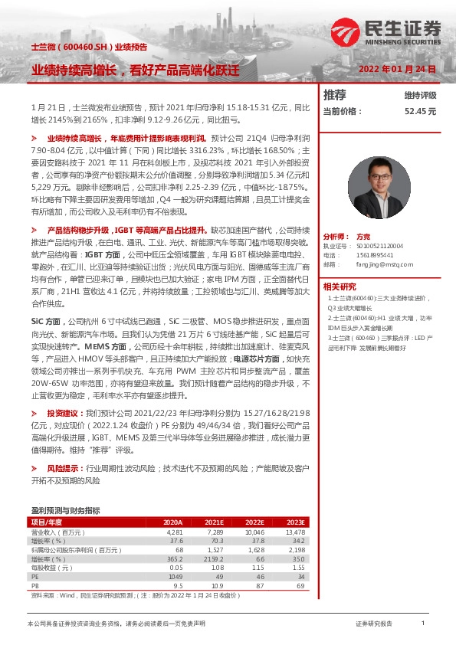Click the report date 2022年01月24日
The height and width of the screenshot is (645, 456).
[397, 68]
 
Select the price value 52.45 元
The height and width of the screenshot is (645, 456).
[421, 111]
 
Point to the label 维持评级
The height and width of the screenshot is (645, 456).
[420, 96]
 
